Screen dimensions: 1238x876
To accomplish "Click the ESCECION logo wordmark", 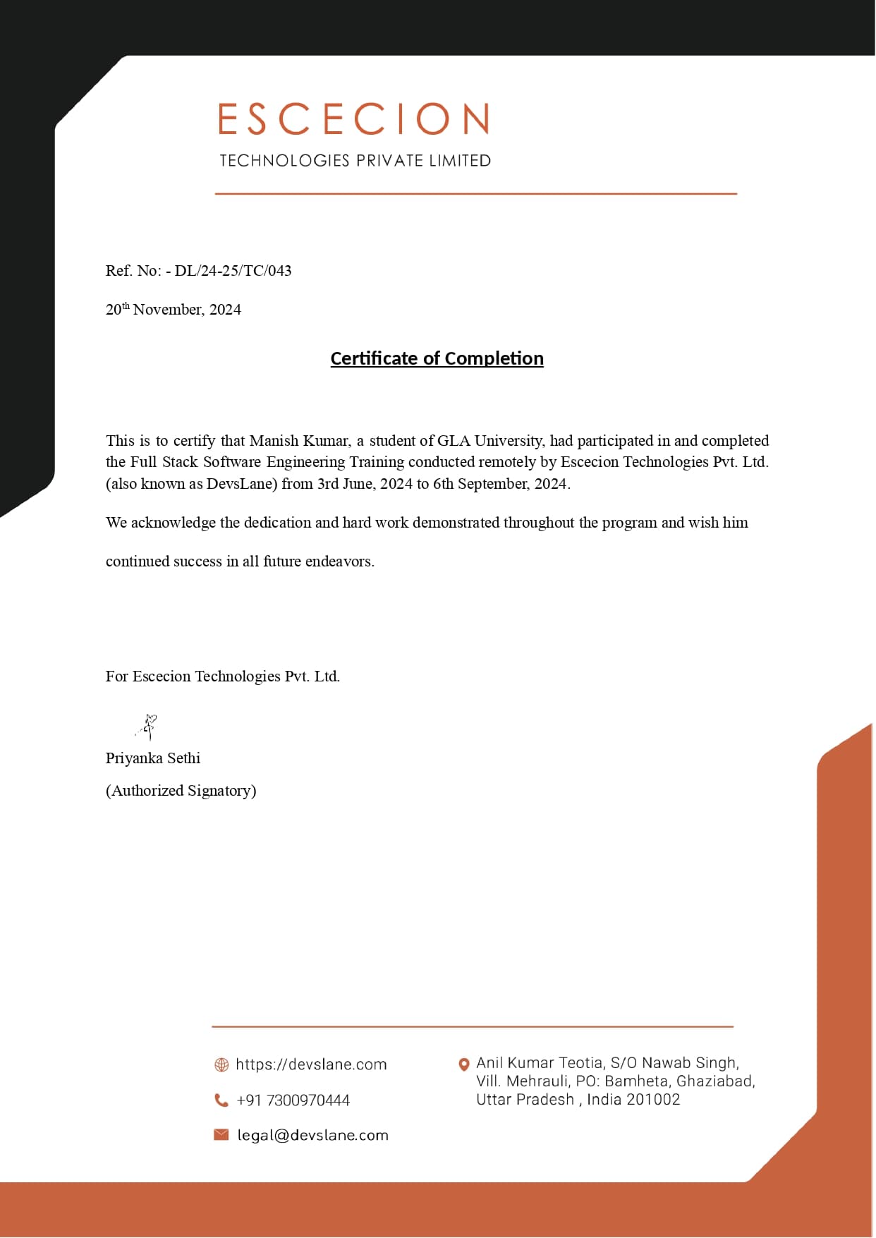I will [x=353, y=119].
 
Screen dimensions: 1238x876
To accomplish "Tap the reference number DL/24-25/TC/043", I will [x=233, y=271].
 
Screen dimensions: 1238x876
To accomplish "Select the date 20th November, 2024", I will [x=174, y=310].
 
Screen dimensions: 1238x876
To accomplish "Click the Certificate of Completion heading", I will [x=437, y=358].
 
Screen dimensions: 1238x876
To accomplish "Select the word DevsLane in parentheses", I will [x=240, y=484].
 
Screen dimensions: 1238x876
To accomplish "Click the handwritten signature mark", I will [x=148, y=726].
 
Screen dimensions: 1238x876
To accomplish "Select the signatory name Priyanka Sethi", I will [x=153, y=758].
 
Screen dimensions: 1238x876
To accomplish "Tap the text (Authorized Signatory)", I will [x=181, y=791].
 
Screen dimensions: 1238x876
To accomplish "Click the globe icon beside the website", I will [x=221, y=1064].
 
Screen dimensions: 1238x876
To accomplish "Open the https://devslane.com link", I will [x=311, y=1064].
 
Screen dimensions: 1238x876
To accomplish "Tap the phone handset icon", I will [x=221, y=1100].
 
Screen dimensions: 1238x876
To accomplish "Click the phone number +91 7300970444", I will [x=293, y=1100].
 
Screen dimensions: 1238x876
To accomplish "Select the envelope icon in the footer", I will [x=221, y=1134].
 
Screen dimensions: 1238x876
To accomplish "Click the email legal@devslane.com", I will [x=312, y=1135].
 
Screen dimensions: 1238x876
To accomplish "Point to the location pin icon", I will [x=464, y=1064].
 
